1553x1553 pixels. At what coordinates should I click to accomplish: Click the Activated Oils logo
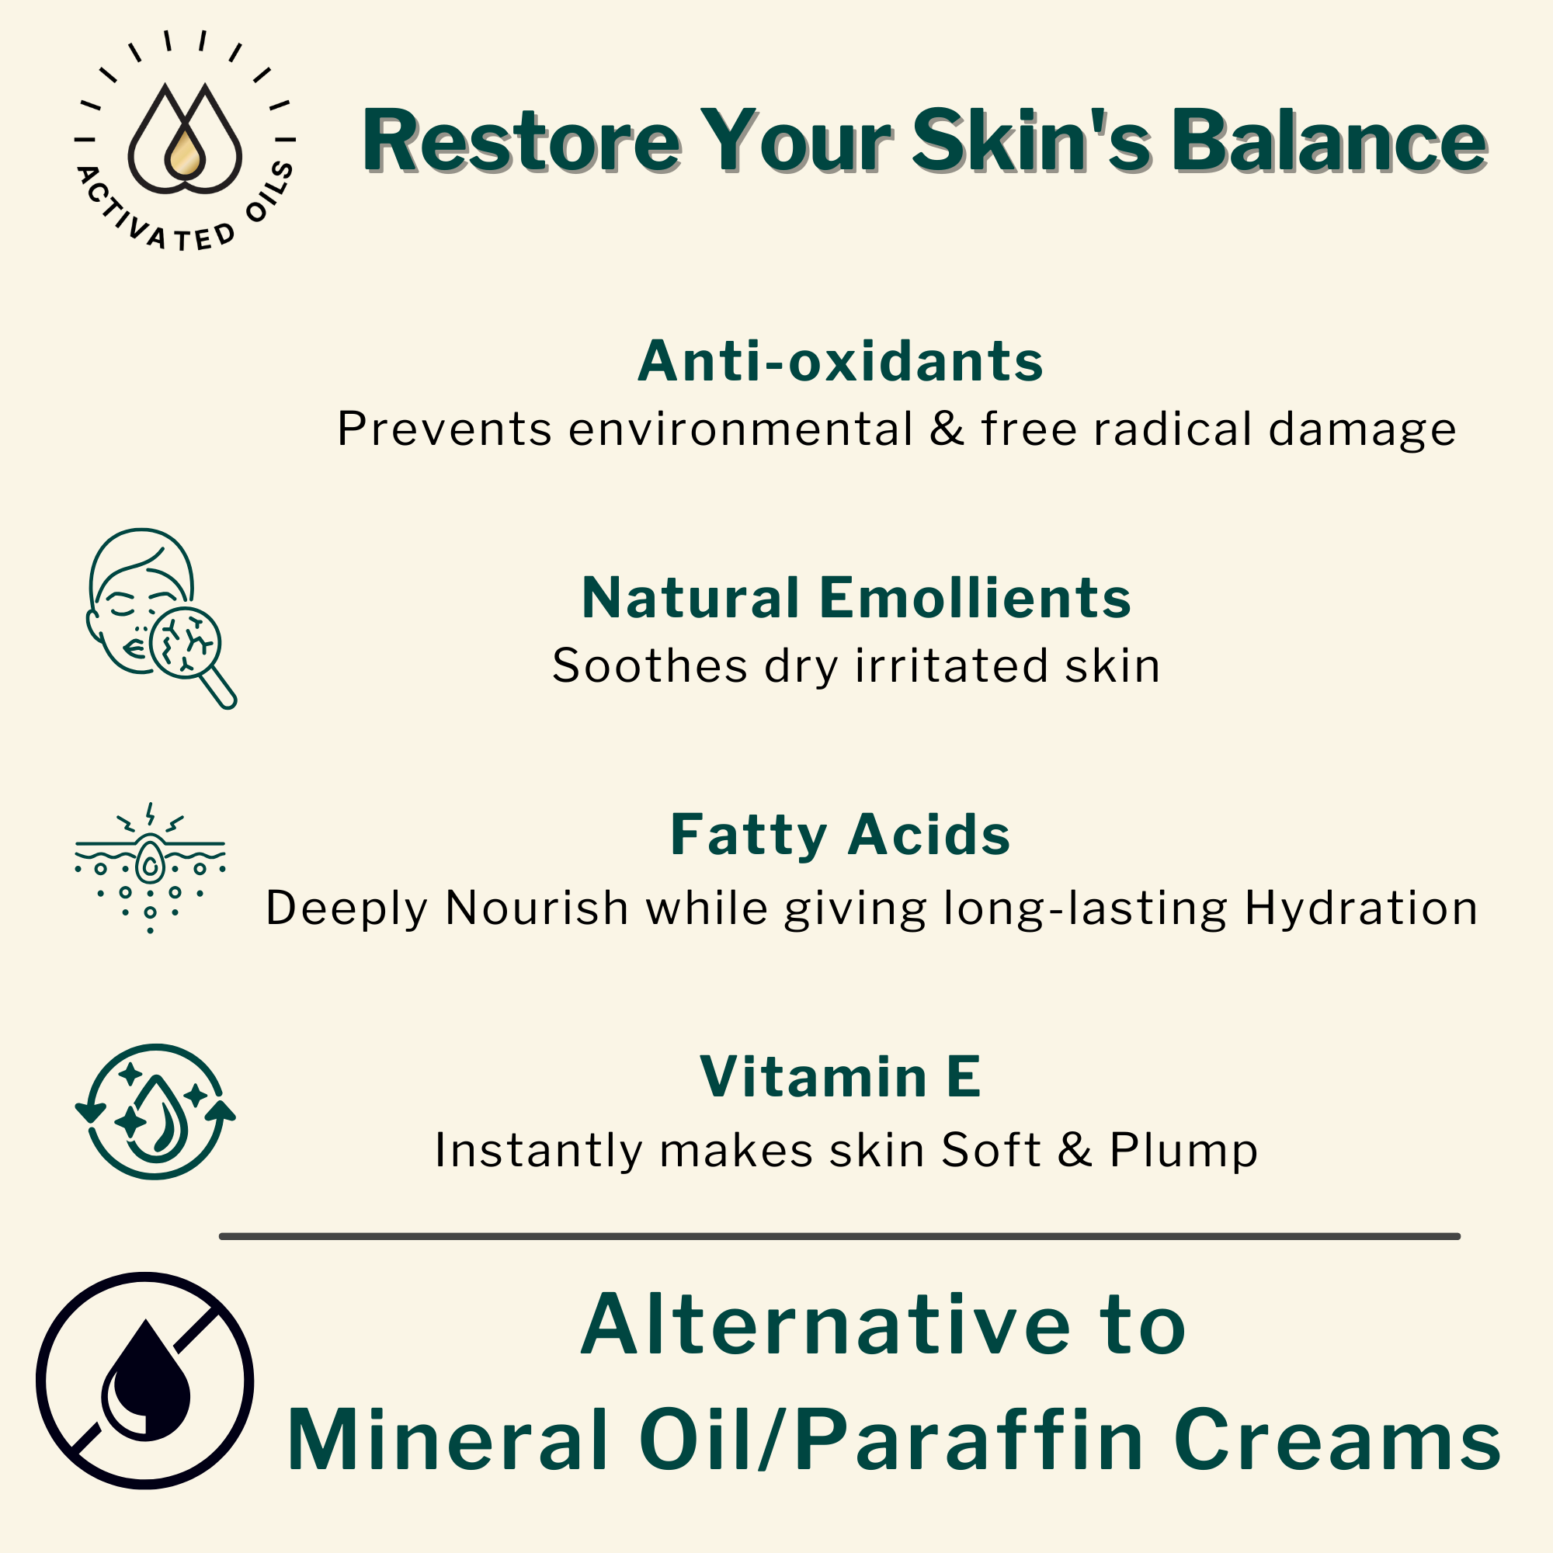point(185,141)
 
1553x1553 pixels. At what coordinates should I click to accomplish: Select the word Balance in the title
point(1328,141)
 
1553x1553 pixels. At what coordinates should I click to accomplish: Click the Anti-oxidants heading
point(840,361)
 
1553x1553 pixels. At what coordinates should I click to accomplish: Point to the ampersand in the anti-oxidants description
point(947,429)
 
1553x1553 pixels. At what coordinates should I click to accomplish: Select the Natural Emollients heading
point(856,598)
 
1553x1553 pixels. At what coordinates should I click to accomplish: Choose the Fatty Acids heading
point(840,836)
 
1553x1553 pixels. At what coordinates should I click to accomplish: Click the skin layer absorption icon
point(151,867)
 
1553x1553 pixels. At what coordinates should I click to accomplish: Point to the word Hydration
point(1361,909)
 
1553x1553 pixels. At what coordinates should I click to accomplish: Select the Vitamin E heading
point(840,1076)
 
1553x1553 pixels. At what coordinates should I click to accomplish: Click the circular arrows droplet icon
point(155,1112)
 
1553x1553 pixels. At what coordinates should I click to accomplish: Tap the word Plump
point(1183,1149)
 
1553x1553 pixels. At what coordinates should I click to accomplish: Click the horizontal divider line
point(839,1236)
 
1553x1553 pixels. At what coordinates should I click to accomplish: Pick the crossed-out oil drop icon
point(145,1380)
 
